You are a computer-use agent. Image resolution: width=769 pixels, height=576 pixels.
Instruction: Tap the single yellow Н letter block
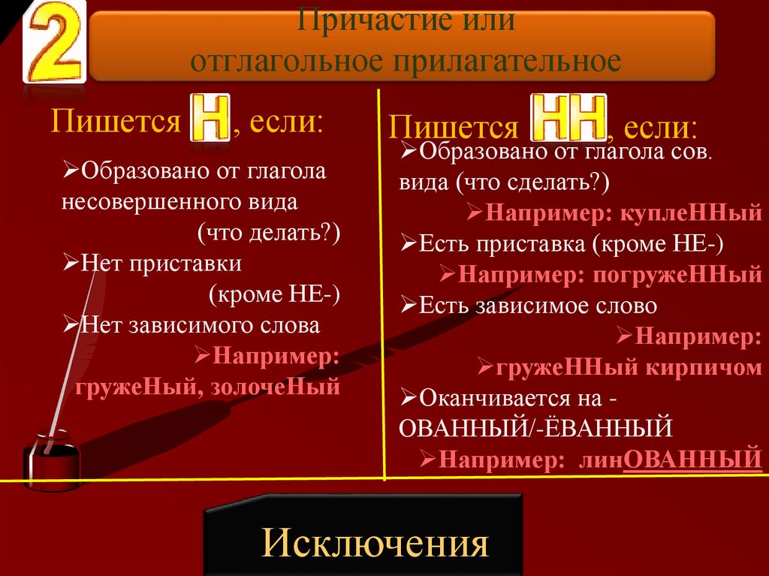pyautogui.click(x=210, y=118)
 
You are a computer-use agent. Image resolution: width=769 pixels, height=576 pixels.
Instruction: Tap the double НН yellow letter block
pyautogui.click(x=569, y=118)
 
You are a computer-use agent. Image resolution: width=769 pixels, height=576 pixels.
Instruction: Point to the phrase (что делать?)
pyautogui.click(x=269, y=233)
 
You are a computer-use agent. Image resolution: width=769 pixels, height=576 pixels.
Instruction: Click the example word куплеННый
pyautogui.click(x=691, y=213)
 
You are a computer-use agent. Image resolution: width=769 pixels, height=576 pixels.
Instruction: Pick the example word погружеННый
pyautogui.click(x=677, y=275)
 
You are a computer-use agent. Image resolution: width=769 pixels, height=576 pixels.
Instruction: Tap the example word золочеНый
pyautogui.click(x=276, y=387)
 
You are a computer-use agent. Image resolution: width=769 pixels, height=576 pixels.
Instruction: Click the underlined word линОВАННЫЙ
pyautogui.click(x=670, y=460)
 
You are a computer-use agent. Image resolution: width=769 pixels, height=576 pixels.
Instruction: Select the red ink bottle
pyautogui.click(x=52, y=460)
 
